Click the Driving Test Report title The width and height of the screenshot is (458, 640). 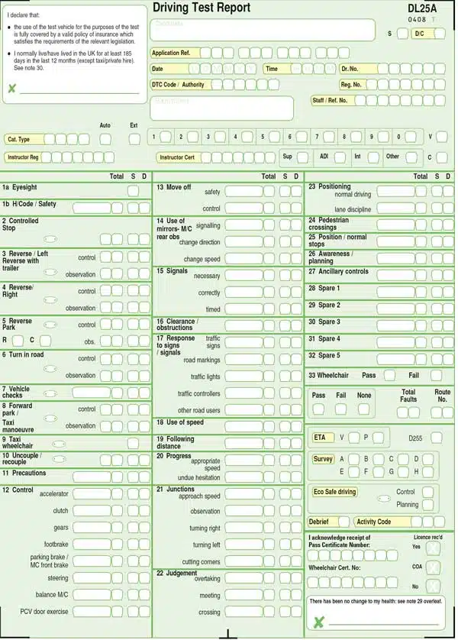coord(202,8)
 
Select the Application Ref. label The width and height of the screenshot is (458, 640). coord(171,53)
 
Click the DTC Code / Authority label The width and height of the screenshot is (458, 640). coord(178,85)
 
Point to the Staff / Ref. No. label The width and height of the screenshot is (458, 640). coord(330,100)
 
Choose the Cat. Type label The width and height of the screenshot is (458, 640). coord(19,140)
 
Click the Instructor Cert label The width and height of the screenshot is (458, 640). coord(177,157)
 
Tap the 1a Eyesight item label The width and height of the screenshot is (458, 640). coord(20,187)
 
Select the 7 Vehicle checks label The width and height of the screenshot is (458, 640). coord(16,392)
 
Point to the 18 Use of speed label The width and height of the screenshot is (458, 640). coord(180,422)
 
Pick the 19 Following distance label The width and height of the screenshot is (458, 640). coord(175,442)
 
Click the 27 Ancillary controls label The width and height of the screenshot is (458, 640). coord(338,271)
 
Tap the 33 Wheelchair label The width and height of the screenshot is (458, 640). coord(328,376)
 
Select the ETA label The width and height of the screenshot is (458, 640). coord(320,438)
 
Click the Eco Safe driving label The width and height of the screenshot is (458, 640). coord(335,492)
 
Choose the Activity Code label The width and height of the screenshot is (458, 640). coord(374,522)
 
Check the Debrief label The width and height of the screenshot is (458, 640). coord(319,522)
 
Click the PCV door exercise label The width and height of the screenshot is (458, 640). coord(44,612)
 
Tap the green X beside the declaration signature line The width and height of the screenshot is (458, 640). coord(11,89)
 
